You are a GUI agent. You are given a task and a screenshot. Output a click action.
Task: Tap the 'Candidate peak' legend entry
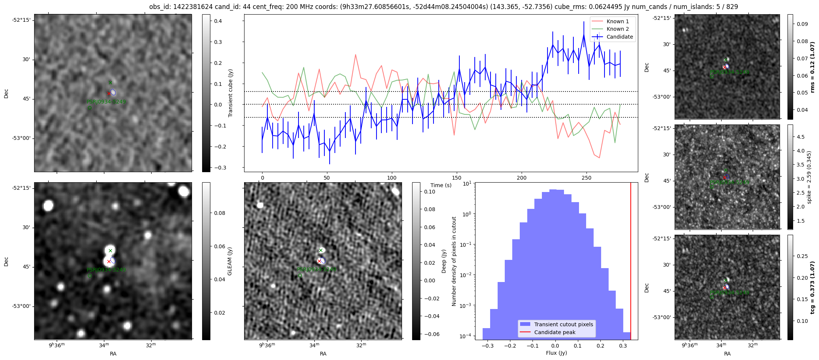(x=555, y=332)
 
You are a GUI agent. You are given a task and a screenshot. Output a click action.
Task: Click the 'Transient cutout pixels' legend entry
(x=564, y=324)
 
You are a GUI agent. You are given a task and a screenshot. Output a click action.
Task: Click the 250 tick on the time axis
(x=586, y=178)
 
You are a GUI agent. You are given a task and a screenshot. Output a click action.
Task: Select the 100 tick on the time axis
(x=391, y=178)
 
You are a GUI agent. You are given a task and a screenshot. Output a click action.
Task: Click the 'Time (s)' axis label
(x=441, y=185)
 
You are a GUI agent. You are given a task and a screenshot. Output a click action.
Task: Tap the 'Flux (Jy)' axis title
(x=556, y=353)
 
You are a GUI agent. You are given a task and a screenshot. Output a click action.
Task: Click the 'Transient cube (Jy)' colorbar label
(x=230, y=93)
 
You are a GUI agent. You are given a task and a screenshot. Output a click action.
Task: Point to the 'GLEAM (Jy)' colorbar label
(x=229, y=261)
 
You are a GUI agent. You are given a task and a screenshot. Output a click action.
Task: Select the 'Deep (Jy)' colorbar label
(x=444, y=261)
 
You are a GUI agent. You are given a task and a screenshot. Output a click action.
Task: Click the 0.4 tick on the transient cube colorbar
(x=218, y=21)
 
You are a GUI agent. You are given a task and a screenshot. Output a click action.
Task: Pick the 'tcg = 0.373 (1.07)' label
(x=812, y=287)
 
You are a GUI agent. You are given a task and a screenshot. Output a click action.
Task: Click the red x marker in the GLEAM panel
(x=109, y=261)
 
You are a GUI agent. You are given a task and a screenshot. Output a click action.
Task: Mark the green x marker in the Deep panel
(x=321, y=250)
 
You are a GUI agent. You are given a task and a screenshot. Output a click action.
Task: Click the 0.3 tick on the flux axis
(x=623, y=346)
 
